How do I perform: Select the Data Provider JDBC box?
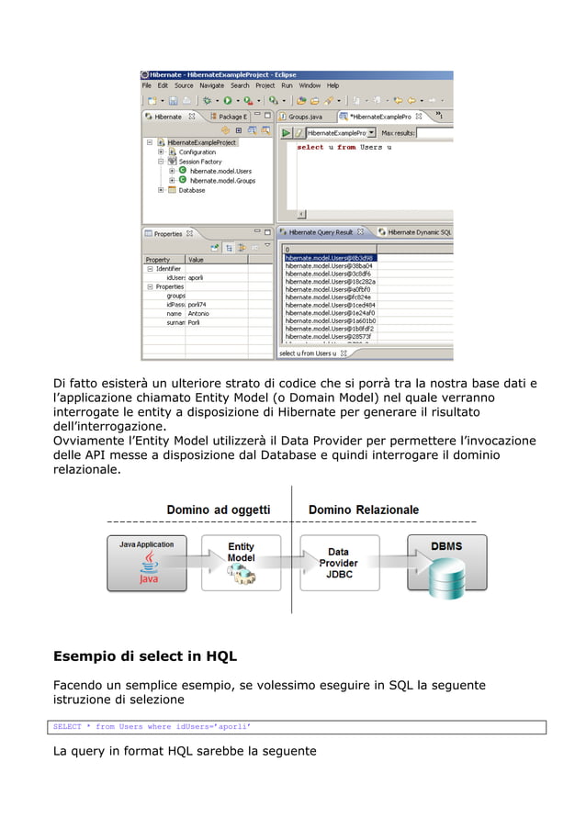339,563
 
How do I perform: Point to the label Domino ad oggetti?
218,510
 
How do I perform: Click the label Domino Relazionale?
364,510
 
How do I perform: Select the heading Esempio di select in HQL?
145,655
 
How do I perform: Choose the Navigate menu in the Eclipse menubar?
211,85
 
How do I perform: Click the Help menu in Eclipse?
333,85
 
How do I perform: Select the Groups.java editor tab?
304,118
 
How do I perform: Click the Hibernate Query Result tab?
321,232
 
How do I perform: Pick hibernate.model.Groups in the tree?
222,181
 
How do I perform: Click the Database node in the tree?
191,190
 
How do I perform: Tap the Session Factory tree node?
200,162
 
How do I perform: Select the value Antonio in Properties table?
198,313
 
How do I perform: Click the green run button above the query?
286,133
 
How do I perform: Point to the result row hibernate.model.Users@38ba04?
328,265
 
